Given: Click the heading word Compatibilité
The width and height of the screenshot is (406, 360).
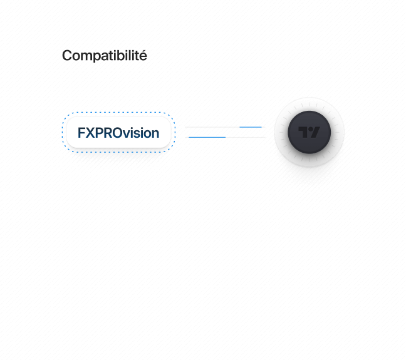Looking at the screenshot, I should tap(105, 56).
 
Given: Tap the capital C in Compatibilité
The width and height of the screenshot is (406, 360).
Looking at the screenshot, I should tap(66, 56).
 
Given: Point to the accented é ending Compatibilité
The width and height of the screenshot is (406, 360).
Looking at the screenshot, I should tap(143, 56).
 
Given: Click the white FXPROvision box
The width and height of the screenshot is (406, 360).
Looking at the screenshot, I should tap(118, 133).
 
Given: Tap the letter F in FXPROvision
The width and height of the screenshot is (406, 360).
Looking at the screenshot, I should tap(81, 133).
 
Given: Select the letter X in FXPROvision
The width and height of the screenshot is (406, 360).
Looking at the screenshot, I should tap(90, 133).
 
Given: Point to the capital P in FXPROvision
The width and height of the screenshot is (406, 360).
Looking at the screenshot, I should tap(98, 133).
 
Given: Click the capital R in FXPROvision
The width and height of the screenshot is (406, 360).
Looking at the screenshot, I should tap(107, 133).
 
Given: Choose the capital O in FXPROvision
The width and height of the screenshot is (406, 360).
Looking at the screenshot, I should tap(117, 133).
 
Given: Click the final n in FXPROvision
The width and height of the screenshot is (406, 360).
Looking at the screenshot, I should tap(155, 133).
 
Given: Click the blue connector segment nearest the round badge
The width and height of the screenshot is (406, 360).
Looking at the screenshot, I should tap(251, 127).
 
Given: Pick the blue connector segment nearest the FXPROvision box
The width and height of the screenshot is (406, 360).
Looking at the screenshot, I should tap(207, 136).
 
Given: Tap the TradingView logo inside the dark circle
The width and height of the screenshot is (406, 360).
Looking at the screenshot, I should tap(309, 133).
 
